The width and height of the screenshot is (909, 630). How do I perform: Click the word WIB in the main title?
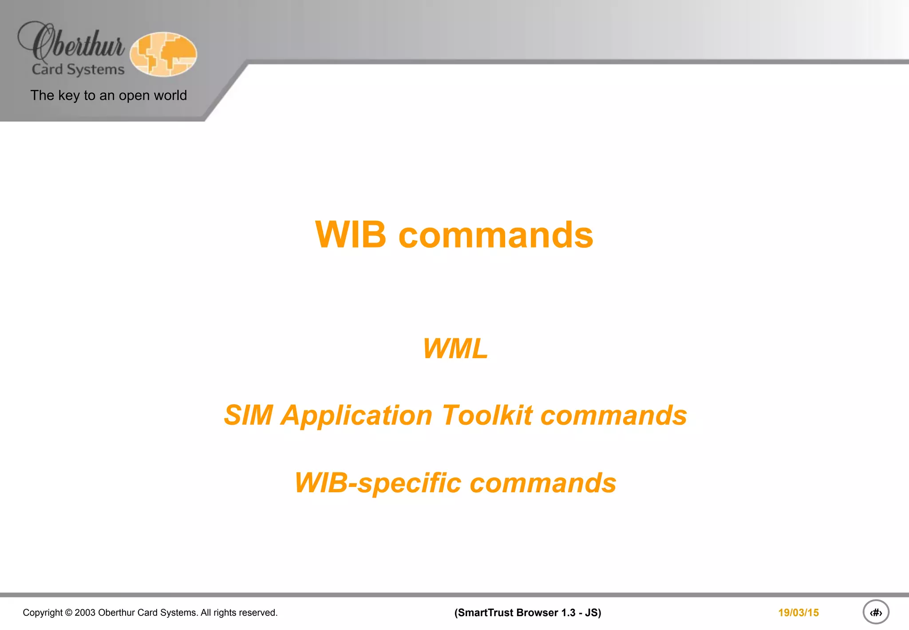(351, 235)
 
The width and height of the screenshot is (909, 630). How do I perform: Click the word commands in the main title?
(496, 235)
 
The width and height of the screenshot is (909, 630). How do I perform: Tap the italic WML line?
(455, 348)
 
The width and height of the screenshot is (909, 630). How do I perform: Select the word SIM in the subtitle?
(248, 415)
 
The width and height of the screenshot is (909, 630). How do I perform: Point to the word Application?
(356, 415)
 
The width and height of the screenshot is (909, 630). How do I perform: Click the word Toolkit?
(487, 415)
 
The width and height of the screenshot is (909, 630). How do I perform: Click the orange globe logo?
(163, 54)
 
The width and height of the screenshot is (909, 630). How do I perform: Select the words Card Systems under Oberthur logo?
(78, 70)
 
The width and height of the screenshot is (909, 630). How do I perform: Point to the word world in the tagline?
(170, 96)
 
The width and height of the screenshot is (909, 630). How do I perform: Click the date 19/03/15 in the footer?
(798, 613)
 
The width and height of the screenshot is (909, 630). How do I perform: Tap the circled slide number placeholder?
(876, 613)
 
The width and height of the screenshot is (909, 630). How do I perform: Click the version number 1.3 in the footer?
(568, 613)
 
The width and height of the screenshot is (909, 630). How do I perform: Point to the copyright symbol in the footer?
(68, 613)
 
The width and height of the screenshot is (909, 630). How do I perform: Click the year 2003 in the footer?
(85, 613)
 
